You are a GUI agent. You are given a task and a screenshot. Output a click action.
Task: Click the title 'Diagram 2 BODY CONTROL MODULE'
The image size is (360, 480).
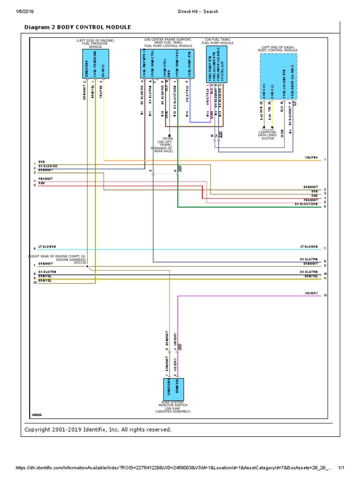77,28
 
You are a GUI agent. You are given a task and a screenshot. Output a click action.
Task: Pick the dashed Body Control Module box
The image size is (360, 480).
278,69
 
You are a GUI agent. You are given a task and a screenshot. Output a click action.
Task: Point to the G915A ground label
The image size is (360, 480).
168,139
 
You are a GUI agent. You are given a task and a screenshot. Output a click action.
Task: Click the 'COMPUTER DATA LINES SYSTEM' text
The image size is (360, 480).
268,135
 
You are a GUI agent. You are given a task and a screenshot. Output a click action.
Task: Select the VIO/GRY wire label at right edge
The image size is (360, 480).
311,293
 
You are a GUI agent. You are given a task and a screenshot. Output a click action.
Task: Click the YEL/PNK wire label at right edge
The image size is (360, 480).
311,157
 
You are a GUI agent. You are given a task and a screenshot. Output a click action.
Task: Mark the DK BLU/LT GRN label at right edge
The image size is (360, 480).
306,204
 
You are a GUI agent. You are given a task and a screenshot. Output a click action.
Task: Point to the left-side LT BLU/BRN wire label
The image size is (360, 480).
47,246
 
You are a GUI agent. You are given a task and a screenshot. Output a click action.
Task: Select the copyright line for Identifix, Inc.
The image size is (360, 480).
98,429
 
